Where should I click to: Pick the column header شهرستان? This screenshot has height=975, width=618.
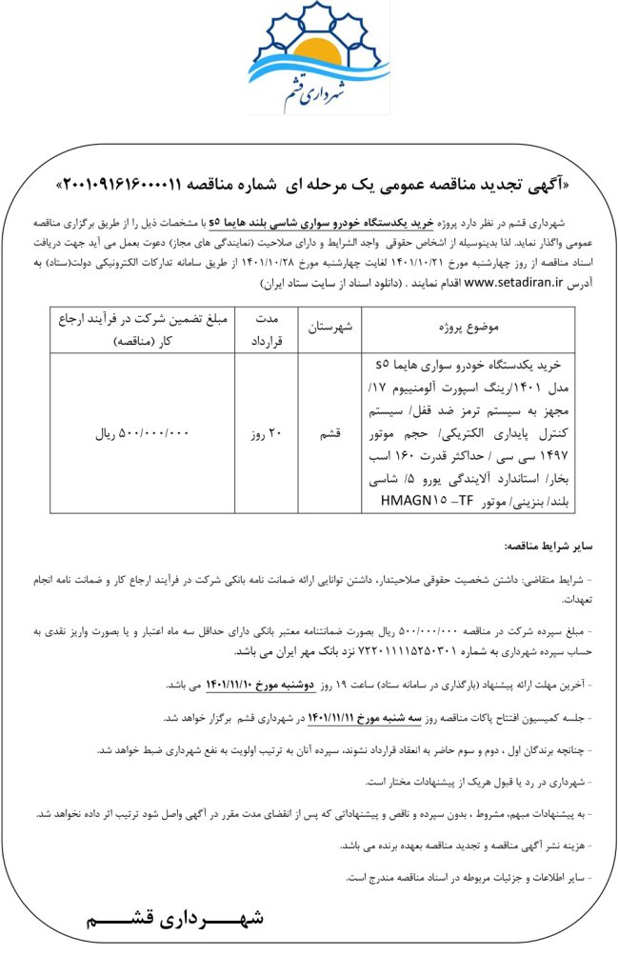pyautogui.click(x=330, y=327)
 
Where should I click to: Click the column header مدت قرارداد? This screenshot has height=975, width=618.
pyautogui.click(x=266, y=327)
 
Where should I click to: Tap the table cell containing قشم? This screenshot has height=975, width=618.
pyautogui.click(x=329, y=433)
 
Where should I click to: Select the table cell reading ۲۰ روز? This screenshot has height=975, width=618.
pyautogui.click(x=267, y=433)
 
